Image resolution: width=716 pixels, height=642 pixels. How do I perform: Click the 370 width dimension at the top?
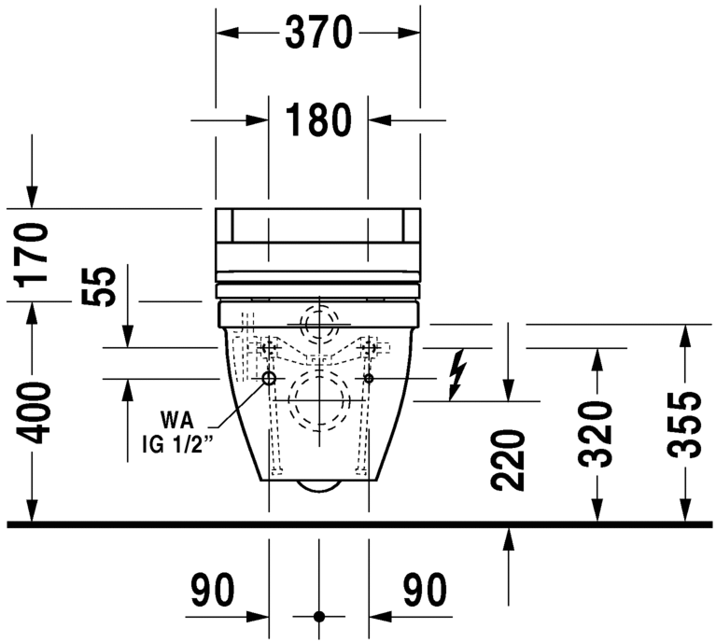pos(318,34)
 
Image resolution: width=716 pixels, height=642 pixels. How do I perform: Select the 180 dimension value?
pos(318,119)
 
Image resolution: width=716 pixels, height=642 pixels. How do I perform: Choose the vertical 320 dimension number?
pos(597,434)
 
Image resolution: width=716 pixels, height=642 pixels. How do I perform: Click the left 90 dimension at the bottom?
pos(213,590)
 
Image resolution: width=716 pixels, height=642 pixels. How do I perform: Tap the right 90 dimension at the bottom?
pos(425,590)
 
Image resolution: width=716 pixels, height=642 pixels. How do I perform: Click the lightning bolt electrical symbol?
pos(456,373)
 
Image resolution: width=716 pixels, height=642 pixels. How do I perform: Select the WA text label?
pos(176,417)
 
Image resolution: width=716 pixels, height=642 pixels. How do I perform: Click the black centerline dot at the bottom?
pos(319,617)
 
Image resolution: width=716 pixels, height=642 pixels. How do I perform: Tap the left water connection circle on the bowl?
pos(269,379)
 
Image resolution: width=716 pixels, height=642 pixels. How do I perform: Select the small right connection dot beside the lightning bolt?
pos(370,379)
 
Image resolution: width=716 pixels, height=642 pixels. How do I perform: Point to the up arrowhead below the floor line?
pos(509,538)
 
